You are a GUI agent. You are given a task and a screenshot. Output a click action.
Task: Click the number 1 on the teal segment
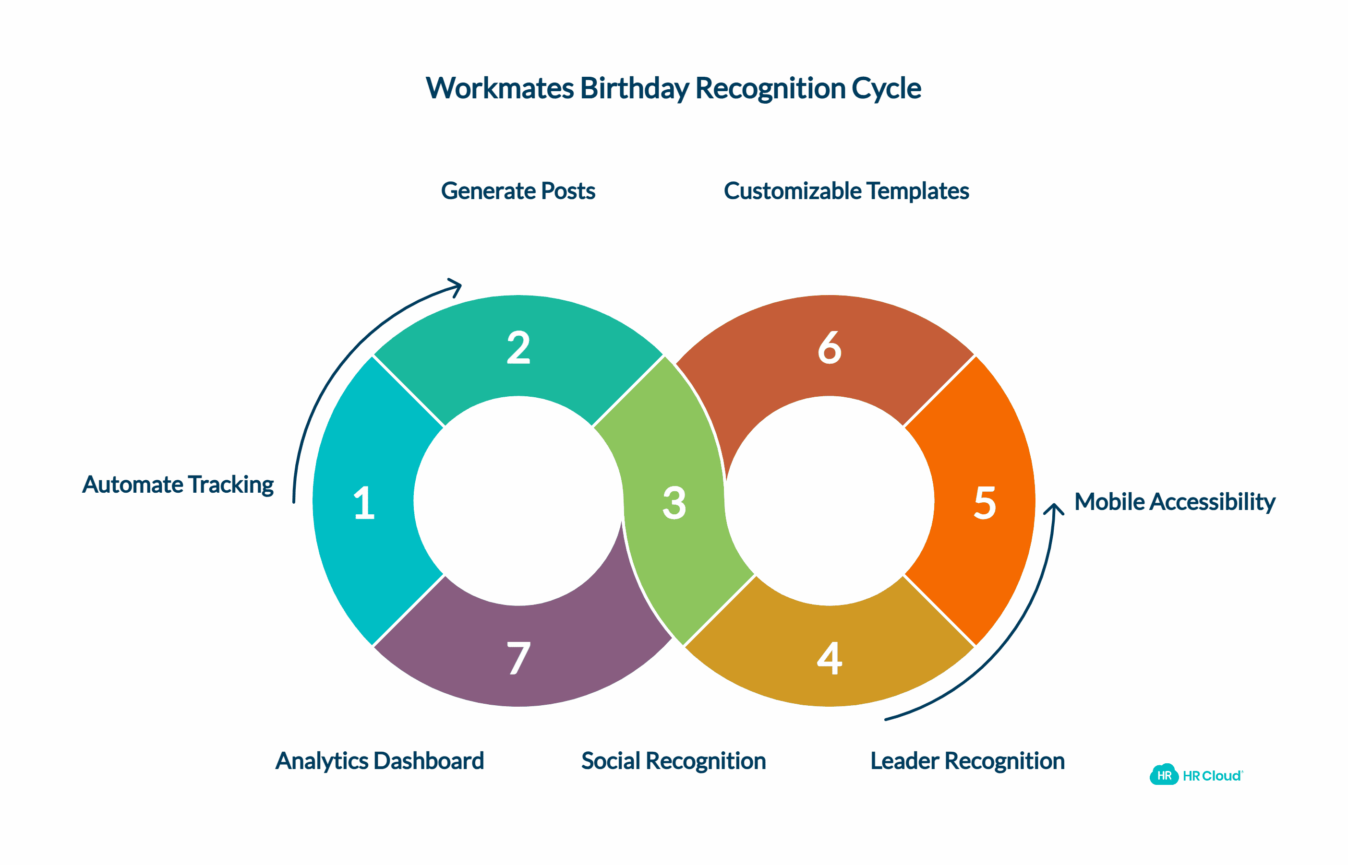tap(364, 503)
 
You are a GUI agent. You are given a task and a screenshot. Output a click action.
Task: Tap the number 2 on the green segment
tap(518, 348)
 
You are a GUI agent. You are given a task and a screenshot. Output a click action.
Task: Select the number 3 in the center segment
tap(674, 503)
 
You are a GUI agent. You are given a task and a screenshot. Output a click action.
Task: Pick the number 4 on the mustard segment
tap(830, 658)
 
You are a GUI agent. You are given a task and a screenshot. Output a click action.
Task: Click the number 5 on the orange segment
tap(985, 503)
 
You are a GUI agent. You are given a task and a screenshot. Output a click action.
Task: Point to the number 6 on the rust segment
tap(830, 348)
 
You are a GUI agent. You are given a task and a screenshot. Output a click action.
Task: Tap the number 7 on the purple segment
tap(518, 658)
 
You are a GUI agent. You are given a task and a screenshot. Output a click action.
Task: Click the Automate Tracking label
tap(178, 484)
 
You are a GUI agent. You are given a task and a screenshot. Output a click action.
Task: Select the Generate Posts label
tap(518, 191)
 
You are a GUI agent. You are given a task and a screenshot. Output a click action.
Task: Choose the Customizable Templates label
tap(846, 191)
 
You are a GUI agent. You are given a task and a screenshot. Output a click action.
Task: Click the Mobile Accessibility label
tap(1174, 502)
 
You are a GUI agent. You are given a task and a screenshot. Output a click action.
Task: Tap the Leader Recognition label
tap(967, 761)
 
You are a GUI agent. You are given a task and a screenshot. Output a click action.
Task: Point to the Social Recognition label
tap(673, 761)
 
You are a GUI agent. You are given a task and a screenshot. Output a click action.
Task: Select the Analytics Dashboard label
tap(379, 761)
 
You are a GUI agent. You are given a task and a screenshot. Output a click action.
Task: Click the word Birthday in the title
tap(634, 89)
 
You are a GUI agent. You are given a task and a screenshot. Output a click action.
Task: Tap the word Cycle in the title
tap(886, 89)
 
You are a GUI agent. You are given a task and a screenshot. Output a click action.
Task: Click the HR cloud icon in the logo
tap(1164, 775)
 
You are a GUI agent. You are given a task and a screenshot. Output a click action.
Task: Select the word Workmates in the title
tap(500, 89)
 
